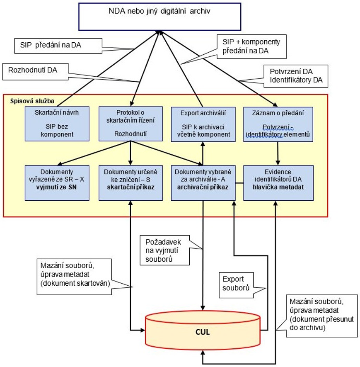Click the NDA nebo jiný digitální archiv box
click(159, 17)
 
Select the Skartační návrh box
click(57, 123)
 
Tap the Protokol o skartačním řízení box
click(130, 123)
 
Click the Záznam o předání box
click(278, 123)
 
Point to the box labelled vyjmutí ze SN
click(57, 182)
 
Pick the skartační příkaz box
click(130, 182)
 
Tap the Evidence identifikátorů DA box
click(278, 182)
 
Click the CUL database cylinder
click(203, 331)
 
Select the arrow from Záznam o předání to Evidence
click(278, 153)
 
